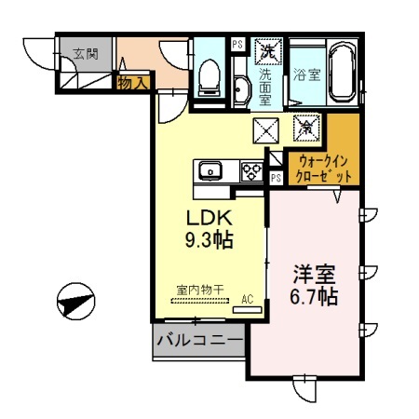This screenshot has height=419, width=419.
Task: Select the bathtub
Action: [343, 73]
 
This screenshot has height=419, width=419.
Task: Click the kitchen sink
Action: [209, 170]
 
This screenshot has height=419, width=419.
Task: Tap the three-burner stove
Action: [251, 170]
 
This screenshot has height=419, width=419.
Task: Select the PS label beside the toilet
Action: [237, 44]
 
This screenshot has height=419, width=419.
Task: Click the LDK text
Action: [207, 218]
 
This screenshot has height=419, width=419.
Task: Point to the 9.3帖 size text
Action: [207, 239]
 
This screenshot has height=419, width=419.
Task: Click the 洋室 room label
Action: [314, 276]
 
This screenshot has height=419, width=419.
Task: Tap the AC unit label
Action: [248, 298]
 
